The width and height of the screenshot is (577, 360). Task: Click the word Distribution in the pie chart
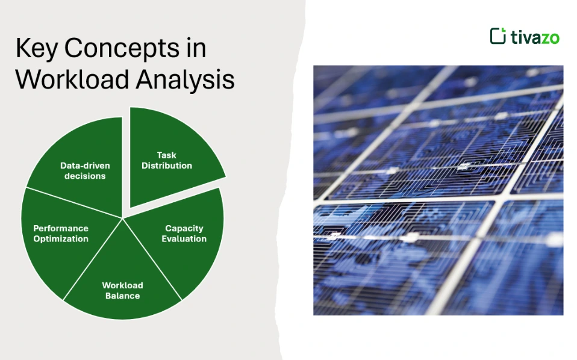point(167,166)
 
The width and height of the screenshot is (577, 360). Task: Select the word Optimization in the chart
point(61,239)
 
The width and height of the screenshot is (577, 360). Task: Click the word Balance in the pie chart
point(122,296)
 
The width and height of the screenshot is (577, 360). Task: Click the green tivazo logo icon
point(497,36)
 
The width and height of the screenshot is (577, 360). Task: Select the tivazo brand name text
point(535,37)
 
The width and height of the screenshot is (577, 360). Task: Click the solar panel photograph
point(438,190)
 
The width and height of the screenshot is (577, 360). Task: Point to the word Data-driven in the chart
point(85,166)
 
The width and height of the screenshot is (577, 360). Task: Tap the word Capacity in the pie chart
point(184,229)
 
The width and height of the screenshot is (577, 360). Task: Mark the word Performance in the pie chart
point(61,229)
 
